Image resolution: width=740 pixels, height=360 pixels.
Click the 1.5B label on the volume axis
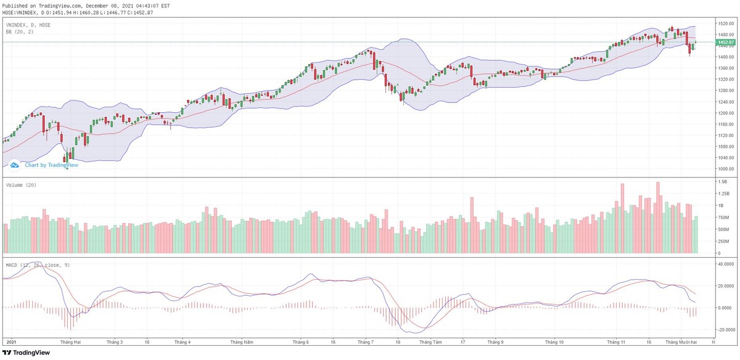(721, 182)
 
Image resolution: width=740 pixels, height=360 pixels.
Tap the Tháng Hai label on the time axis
(68, 342)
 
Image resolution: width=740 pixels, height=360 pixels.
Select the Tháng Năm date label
(241, 342)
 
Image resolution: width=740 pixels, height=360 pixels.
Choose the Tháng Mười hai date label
(680, 342)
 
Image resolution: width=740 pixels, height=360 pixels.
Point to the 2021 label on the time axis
(10, 342)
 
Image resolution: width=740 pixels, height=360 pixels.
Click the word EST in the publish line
(165, 6)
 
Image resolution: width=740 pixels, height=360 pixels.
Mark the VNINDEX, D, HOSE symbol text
(28, 25)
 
